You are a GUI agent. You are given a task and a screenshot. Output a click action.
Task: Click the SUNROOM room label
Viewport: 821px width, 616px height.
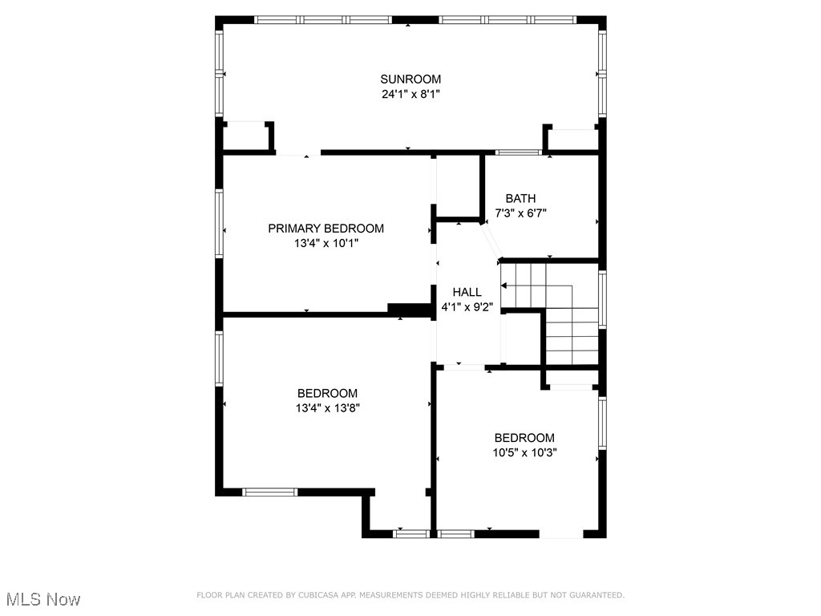tap(410, 79)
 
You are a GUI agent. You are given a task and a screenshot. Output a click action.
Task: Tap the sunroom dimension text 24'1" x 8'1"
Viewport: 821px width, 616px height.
tap(410, 95)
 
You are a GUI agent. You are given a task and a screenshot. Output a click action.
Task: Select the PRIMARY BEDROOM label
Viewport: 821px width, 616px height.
tap(326, 229)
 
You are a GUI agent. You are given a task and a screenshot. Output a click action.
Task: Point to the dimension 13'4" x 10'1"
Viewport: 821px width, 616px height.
tap(326, 243)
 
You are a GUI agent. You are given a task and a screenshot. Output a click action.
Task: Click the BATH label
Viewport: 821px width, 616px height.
tap(520, 199)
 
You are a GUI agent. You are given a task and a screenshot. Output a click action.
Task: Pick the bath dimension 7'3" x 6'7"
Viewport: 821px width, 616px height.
tap(520, 213)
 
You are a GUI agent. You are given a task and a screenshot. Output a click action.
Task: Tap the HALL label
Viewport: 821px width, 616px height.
tap(467, 292)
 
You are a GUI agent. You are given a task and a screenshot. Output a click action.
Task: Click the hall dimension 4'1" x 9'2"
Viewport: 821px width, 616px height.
tap(467, 307)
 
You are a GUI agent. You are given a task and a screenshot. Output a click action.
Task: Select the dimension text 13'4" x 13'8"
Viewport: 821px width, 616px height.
tap(328, 408)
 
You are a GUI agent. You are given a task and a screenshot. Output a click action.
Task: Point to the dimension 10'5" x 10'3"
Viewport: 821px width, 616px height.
tap(524, 452)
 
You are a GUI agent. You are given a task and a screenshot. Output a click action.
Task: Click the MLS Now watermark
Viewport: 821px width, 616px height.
tap(43, 599)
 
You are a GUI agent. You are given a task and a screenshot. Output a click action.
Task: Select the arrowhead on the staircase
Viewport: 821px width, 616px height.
tap(504, 286)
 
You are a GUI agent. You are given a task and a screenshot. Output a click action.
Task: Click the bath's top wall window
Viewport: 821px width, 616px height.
tap(519, 152)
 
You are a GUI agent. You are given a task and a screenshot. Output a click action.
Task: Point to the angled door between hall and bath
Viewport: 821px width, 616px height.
tap(491, 241)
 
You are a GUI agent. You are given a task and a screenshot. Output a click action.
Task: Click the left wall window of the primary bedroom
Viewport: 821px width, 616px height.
tap(219, 223)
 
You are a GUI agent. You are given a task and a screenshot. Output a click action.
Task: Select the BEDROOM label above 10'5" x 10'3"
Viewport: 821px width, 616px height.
tap(524, 438)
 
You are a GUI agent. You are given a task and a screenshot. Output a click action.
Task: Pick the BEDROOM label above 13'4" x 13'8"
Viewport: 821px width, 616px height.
tap(328, 393)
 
